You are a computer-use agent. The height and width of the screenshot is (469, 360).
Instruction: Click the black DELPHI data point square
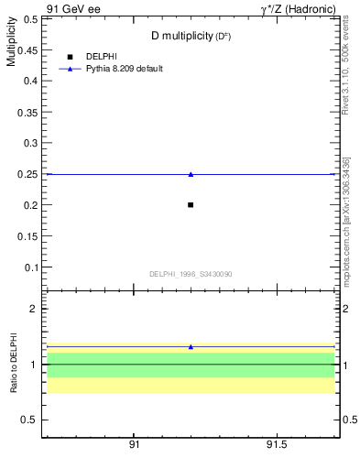pyautogui.click(x=191, y=204)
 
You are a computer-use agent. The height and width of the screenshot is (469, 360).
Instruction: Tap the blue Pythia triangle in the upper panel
pyautogui.click(x=191, y=174)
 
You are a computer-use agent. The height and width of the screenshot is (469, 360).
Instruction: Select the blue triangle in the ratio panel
pyautogui.click(x=191, y=347)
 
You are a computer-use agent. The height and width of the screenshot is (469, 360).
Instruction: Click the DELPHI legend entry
pyautogui.click(x=102, y=57)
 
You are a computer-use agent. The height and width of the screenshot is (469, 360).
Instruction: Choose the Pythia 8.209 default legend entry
pyautogui.click(x=125, y=69)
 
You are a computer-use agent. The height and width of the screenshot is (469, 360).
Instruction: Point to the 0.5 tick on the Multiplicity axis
pyautogui.click(x=28, y=18)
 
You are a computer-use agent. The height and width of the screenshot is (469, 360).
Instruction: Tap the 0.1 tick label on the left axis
pyautogui.click(x=28, y=267)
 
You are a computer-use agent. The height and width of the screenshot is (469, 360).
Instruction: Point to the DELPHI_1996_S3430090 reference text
pyautogui.click(x=191, y=274)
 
